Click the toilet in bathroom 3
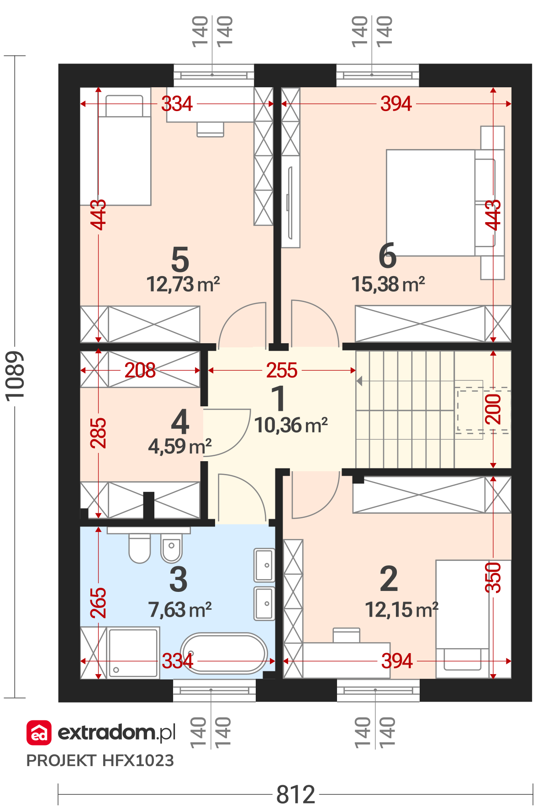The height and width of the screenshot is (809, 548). pos(139,548)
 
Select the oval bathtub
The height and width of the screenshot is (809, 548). pos(224,654)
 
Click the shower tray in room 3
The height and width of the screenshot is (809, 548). pos(133,653)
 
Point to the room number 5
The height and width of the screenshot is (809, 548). pos(180,260)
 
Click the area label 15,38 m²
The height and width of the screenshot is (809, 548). pos(388,284)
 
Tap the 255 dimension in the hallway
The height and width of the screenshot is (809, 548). pos(282,370)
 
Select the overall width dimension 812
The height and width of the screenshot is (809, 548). pos(296,795)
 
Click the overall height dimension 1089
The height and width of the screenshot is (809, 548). pos(15,377)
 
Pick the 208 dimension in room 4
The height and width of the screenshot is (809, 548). pos(140,370)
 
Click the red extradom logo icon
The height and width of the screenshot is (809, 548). pos(39,733)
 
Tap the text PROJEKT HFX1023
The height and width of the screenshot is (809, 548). pos(100,761)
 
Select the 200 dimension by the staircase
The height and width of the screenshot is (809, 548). pos(493,409)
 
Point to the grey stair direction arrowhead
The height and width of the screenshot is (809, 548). pos(359,380)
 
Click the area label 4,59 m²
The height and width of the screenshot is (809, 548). pos(180,446)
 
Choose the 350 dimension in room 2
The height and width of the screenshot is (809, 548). pos(493,578)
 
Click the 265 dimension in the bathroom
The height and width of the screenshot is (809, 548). pos(98,603)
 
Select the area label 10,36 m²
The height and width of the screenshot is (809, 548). pos(291,426)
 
